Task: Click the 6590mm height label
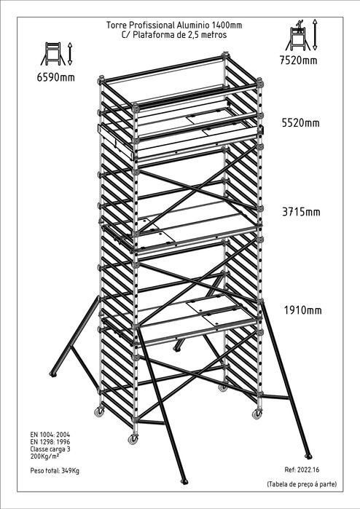coord(56,77)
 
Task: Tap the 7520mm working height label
coord(299,60)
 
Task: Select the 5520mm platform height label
coord(300,123)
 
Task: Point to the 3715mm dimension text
coord(301,212)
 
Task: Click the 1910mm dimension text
coord(303,310)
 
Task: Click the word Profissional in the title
coord(153,25)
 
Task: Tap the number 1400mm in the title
coord(227,25)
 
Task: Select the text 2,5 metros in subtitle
coord(207,35)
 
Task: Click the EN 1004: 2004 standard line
coord(50,434)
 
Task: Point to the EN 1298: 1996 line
coord(50,442)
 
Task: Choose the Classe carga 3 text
coord(50,449)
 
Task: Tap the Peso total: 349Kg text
coord(55,470)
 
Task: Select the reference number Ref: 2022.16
coord(302,470)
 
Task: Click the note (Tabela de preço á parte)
coord(302,484)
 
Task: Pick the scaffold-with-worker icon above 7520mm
coord(298,35)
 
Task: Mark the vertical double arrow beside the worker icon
coord(315,35)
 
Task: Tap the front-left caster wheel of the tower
coord(133,439)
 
